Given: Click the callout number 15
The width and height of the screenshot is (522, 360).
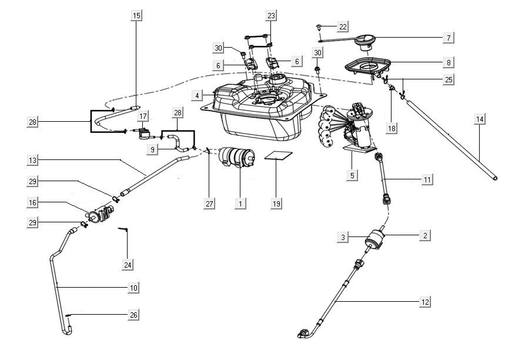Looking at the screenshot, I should pos(136,16).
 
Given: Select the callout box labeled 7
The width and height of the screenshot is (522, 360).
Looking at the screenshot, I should pos(448,38).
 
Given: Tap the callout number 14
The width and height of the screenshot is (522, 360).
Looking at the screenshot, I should pos(480,119).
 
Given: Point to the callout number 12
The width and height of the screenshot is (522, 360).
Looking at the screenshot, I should pos(424,302).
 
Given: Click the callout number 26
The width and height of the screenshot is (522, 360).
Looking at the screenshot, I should pos(133,315).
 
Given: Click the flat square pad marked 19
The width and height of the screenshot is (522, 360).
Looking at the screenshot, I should pos(277,156).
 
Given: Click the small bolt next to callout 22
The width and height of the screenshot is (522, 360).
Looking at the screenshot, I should pos(319,27).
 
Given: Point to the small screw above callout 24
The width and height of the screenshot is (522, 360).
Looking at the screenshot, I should pos(124,229).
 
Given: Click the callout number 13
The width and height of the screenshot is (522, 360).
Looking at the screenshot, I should pos(33,159).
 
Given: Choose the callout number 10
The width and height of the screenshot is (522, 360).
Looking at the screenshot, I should pos(133,287).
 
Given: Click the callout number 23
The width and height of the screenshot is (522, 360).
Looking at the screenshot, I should pos(270,16).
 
